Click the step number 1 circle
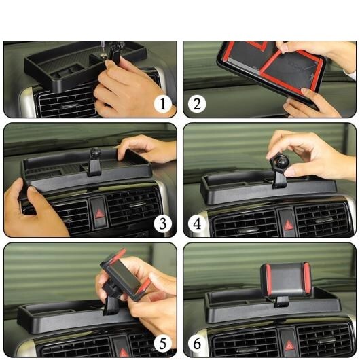tap(163, 104)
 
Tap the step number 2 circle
tap(197, 104)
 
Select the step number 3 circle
tap(163, 223)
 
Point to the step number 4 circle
tap(197, 223)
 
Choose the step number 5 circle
tap(163, 344)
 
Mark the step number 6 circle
tap(197, 344)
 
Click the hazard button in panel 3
tap(98, 213)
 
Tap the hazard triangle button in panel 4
tap(288, 224)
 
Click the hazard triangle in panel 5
tap(123, 349)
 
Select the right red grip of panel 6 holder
tap(306, 278)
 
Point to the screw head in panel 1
tap(103, 54)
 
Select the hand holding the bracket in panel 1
tap(128, 88)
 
